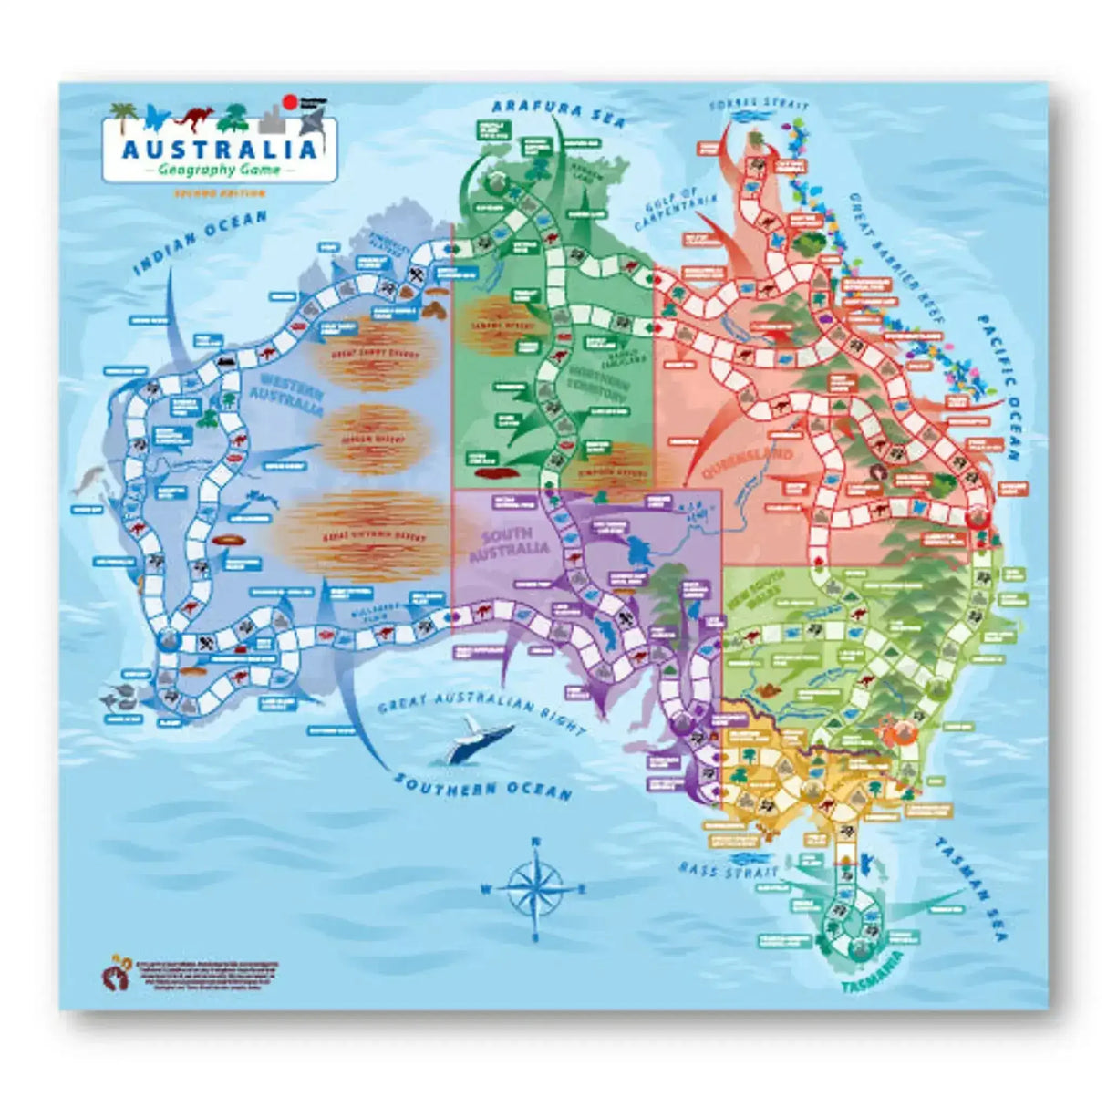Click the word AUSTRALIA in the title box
pyautogui.click(x=219, y=148)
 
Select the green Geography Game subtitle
pyautogui.click(x=219, y=170)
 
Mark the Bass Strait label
pyautogui.click(x=717, y=870)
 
